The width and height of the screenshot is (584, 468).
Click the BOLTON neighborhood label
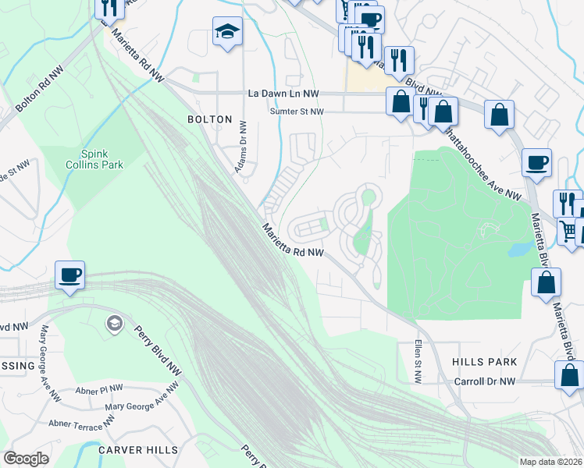[209, 119]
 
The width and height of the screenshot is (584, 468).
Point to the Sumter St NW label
[296, 112]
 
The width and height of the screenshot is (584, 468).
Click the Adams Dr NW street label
[241, 147]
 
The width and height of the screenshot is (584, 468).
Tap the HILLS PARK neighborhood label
[484, 362]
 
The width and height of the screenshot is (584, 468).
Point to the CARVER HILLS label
[138, 450]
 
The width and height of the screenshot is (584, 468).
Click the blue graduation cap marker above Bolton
[227, 32]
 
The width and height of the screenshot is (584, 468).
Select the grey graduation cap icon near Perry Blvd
[115, 323]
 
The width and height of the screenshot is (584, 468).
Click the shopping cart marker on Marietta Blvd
[570, 231]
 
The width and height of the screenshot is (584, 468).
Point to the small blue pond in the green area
[516, 250]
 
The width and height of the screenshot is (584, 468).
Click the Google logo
[26, 459]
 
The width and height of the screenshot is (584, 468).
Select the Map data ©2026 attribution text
[551, 462]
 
